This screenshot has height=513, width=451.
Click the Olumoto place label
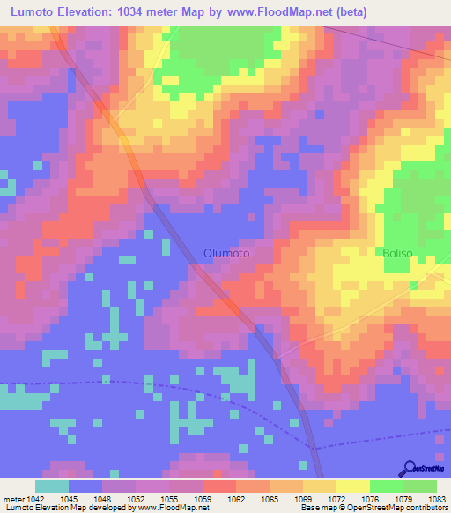[226, 253]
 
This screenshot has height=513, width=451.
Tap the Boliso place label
[397, 253]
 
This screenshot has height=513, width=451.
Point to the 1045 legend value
[84, 497]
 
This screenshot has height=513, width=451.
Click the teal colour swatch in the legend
[52, 486]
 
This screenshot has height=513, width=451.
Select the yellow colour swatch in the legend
[352, 486]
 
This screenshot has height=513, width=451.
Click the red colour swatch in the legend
[218, 486]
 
